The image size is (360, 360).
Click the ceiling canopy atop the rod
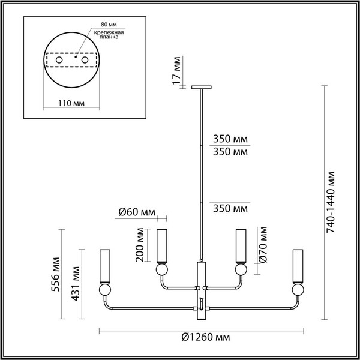200,88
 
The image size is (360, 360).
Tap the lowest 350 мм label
230,209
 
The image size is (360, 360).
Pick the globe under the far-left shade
106,291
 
